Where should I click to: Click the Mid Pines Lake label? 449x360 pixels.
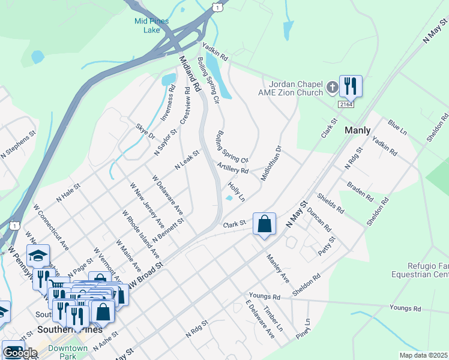click(x=151, y=25)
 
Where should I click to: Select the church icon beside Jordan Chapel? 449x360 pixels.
click(x=332, y=89)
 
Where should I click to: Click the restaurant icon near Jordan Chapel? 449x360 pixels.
click(x=350, y=86)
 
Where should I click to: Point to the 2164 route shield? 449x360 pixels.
click(x=346, y=104)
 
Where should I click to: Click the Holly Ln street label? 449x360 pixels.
click(x=237, y=192)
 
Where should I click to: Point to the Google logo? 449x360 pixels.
click(x=20, y=353)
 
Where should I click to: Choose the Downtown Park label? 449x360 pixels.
click(x=68, y=352)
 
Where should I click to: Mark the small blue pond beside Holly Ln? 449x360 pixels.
click(x=229, y=198)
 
